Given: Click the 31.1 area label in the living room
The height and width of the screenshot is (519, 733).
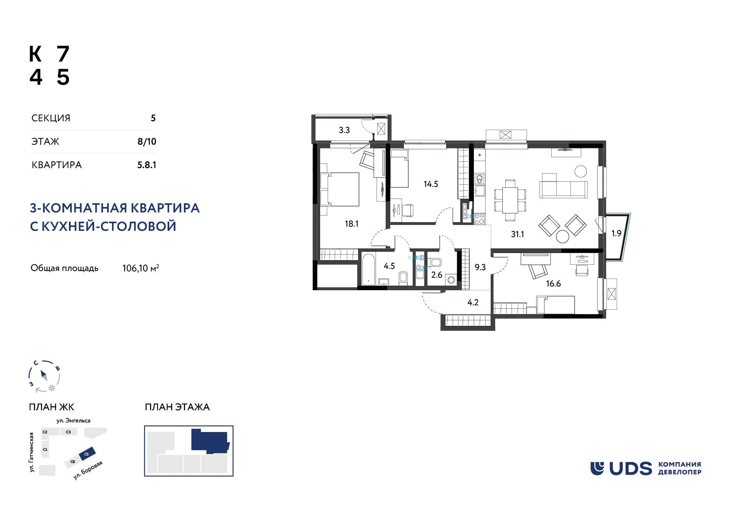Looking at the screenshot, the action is (x=517, y=234).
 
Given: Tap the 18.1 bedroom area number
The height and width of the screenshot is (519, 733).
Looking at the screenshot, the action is (x=351, y=224).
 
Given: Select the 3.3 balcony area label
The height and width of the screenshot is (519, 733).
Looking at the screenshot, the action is (x=344, y=130).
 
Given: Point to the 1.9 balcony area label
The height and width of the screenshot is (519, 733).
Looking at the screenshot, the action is (x=616, y=233).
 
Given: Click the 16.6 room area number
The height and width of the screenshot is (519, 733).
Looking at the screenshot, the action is (x=553, y=284).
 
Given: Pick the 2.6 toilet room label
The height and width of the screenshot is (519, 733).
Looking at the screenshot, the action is (x=437, y=275).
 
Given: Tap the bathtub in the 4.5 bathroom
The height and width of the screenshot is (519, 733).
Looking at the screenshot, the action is (x=369, y=269).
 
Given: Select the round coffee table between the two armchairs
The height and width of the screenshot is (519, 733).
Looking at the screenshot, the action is (x=562, y=237).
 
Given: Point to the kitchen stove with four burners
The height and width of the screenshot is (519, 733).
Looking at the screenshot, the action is (x=480, y=218).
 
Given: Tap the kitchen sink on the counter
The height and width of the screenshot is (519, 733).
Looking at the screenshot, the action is (x=480, y=191).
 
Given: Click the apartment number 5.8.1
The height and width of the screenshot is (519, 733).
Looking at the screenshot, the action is (x=147, y=165).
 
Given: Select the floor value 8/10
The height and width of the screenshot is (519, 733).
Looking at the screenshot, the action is (x=147, y=141).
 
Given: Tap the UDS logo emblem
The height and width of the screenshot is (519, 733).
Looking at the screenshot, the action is (x=598, y=468).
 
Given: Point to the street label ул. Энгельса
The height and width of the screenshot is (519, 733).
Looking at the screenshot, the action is (x=74, y=420).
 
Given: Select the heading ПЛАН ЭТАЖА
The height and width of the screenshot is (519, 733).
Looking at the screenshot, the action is (x=177, y=407).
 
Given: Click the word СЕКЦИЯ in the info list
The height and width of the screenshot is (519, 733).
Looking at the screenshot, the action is (x=51, y=118).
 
